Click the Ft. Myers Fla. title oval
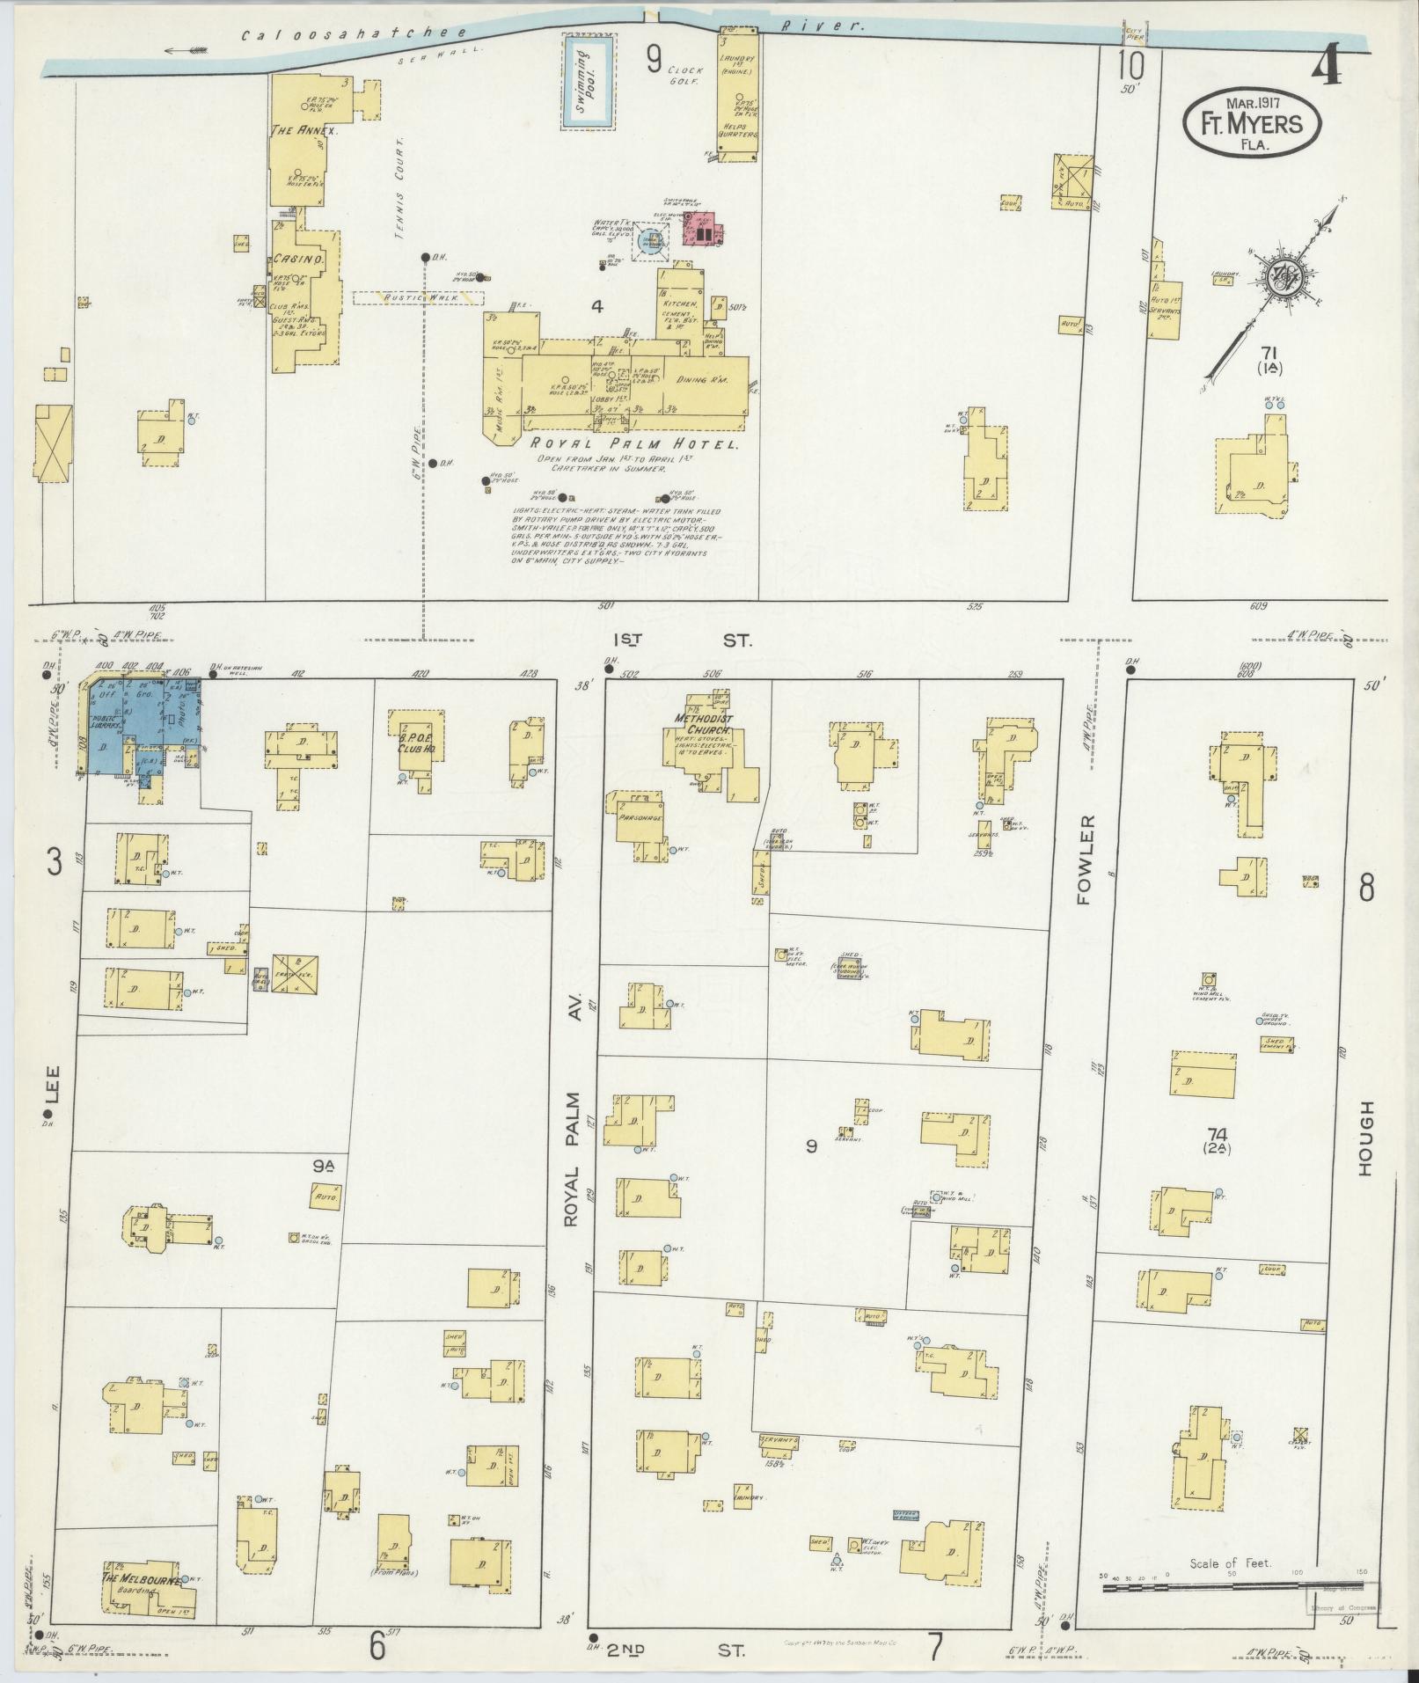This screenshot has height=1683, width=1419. (1252, 124)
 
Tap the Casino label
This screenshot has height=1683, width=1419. (298, 261)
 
